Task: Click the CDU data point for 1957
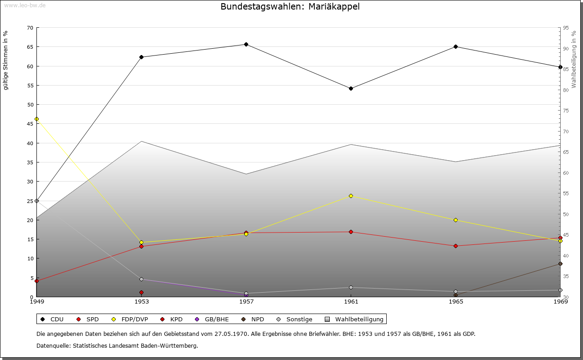pos(246,45)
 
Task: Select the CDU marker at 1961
pos(351,89)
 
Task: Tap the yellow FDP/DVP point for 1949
pos(37,119)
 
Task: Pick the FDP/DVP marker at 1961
pos(351,196)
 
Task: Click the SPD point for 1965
pos(455,246)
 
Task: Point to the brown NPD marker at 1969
pos(560,264)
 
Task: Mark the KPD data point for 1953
pos(141,292)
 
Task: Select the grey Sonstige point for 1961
pos(351,288)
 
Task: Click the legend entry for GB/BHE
pos(212,319)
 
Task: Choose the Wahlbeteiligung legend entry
pos(354,319)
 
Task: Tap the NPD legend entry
pos(253,319)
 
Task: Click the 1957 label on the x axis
pos(246,302)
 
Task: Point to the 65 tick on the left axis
pos(30,47)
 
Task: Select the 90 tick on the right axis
pos(566,49)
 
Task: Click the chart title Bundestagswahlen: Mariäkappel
pos(290,6)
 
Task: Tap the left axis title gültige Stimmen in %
pos(5,61)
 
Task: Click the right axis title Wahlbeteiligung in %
pos(574,59)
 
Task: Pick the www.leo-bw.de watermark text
pos(25,5)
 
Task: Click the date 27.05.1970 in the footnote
pos(231,334)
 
